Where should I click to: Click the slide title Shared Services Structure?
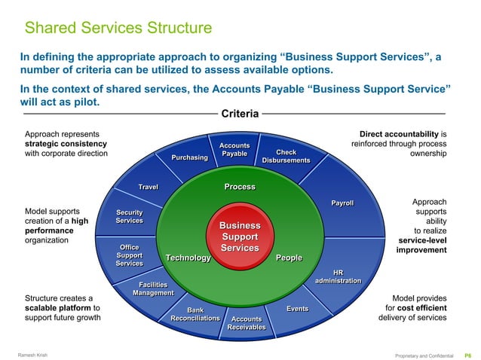click(118, 29)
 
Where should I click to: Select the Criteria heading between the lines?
click(240, 114)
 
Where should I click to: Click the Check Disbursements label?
click(286, 157)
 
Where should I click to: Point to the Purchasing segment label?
click(190, 157)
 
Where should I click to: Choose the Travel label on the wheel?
click(147, 187)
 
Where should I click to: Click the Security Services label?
click(129, 216)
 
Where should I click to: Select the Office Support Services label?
click(129, 255)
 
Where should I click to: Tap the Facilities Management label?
click(153, 288)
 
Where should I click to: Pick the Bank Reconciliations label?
click(195, 314)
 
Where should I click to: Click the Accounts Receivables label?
click(247, 323)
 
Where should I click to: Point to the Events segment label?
click(297, 309)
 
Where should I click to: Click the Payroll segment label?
click(342, 203)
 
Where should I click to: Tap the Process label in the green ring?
click(240, 187)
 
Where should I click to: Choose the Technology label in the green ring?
click(188, 258)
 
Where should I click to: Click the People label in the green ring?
click(289, 258)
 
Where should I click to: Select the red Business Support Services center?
click(240, 236)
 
